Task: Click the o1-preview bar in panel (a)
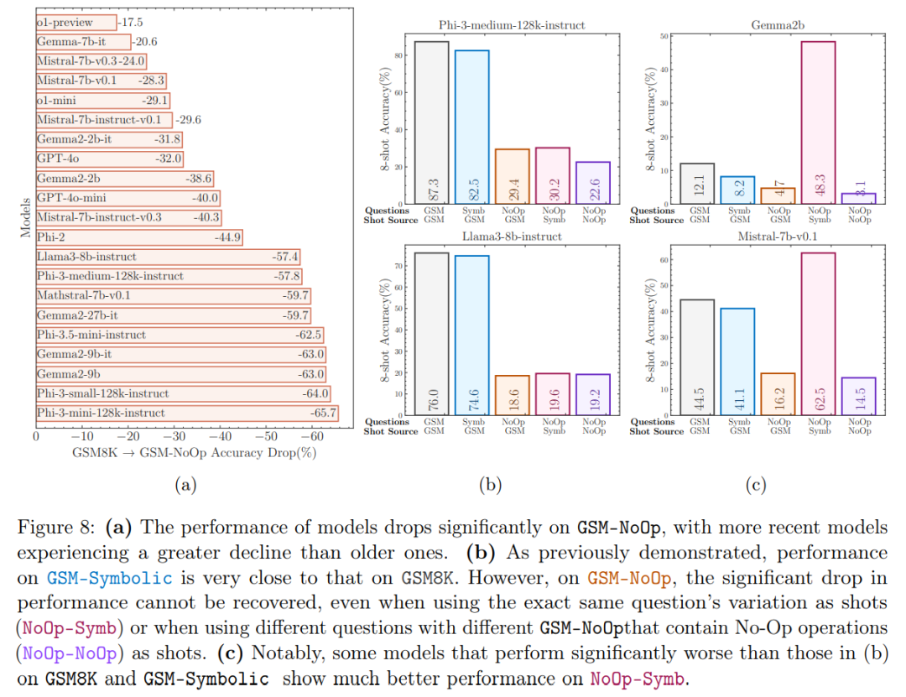75,23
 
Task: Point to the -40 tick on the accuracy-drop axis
220,436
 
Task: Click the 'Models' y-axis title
24,217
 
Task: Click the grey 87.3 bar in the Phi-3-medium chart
431,122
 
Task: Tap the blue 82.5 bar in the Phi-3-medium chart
471,126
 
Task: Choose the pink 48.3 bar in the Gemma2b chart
818,122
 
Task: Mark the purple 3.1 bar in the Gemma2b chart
858,199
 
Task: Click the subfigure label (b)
490,484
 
